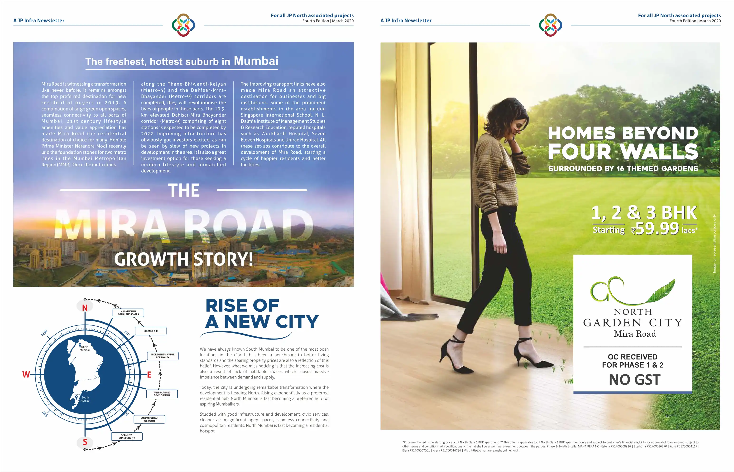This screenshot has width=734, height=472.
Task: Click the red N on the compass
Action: pos(85,308)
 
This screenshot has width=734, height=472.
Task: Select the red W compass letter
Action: pos(26,374)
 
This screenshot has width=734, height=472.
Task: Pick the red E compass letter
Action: pos(149,374)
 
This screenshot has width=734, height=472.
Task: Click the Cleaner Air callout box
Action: pos(151,331)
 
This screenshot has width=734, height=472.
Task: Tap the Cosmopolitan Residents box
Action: pos(149,419)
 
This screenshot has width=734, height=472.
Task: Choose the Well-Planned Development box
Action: pos(162,394)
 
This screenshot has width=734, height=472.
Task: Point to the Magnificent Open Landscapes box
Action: pos(128,313)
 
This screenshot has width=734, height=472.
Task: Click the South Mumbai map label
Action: pos(85,399)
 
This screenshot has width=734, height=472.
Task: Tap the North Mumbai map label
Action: pos(85,348)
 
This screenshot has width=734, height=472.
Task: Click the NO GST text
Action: pos(634,380)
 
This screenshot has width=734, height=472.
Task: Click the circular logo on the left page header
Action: pos(183,25)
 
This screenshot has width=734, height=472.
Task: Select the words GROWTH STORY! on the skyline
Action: pos(184,259)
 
